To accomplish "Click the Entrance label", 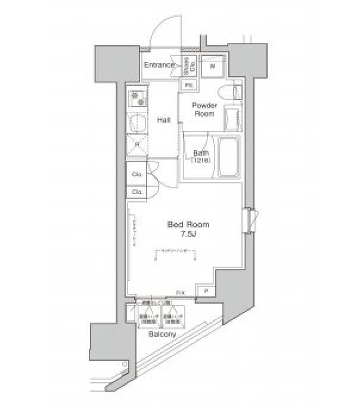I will (159, 65).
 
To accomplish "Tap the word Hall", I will (163, 120).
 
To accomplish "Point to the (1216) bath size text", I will (200, 160).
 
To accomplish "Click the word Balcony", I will (162, 335).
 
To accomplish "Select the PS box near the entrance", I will (188, 85).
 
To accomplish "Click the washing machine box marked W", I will (213, 67).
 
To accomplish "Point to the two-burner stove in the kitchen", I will (137, 98).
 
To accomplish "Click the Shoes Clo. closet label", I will (187, 65).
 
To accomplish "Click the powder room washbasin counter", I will (232, 117).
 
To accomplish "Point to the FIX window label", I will (179, 292).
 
